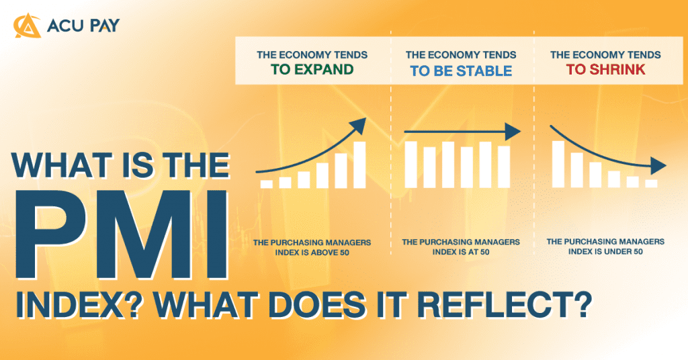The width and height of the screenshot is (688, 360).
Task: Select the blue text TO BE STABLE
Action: pyautogui.click(x=461, y=71)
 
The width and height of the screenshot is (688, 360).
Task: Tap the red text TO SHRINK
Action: pyautogui.click(x=605, y=70)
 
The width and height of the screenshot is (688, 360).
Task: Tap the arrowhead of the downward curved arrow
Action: pyautogui.click(x=660, y=167)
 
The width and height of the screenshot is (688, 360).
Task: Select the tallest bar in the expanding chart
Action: pyautogui.click(x=359, y=165)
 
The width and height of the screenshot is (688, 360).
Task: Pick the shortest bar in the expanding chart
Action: pyautogui.click(x=267, y=183)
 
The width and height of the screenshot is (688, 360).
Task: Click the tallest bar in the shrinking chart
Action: pyautogui.click(x=558, y=164)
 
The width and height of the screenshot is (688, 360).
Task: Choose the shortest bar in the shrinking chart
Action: pyautogui.click(x=650, y=183)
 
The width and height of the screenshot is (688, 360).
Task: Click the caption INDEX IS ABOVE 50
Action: pyautogui.click(x=312, y=253)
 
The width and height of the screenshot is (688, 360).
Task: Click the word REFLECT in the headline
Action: pyautogui.click(x=521, y=308)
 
